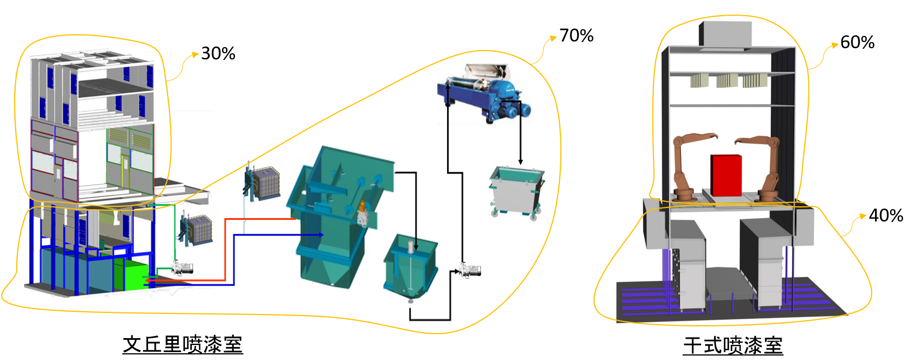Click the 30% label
218,54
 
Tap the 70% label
576,36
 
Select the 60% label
857,43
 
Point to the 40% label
885,215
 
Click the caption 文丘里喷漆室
182,344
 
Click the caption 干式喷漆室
733,345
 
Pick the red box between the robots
726,174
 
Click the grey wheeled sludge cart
515,191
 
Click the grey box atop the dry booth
725,34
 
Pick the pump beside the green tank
182,269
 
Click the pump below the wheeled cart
470,271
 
